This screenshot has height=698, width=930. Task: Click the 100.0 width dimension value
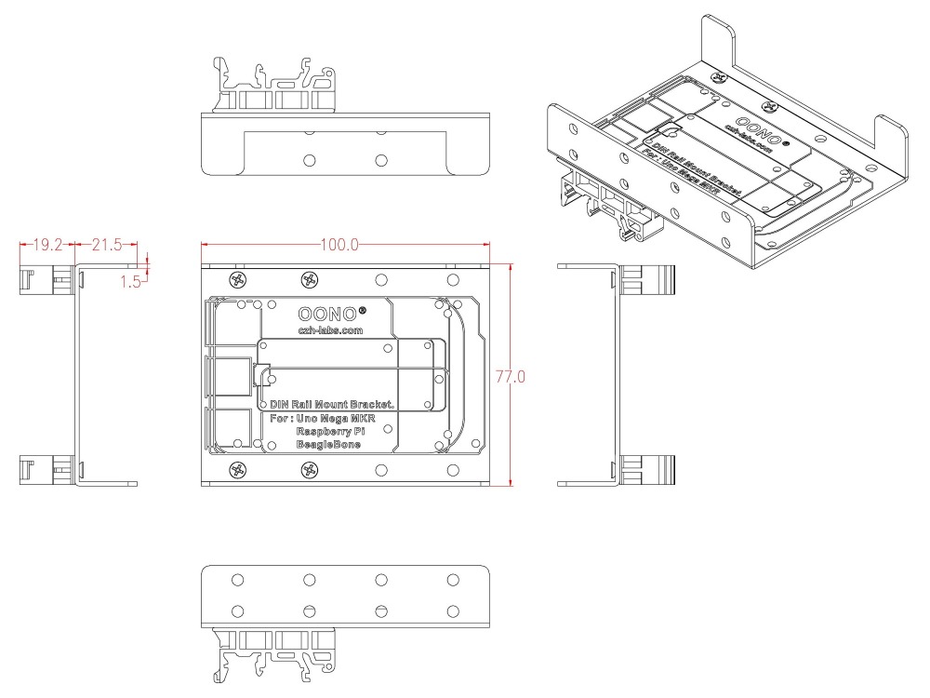point(339,245)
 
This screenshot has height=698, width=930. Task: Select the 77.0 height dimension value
point(513,377)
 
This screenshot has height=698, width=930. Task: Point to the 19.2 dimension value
point(47,245)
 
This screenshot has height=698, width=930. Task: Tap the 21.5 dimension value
point(107,245)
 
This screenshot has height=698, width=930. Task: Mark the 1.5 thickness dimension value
point(129,279)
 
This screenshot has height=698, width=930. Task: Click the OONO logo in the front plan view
point(325,314)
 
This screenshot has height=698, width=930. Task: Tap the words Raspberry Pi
point(330,432)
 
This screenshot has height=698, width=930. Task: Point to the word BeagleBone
point(328,446)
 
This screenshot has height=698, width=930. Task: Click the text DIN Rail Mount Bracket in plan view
point(332,405)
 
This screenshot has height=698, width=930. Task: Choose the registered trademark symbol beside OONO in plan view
point(362,309)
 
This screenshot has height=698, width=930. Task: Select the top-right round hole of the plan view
point(452,279)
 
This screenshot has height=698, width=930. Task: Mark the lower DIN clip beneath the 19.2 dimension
point(45,471)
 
